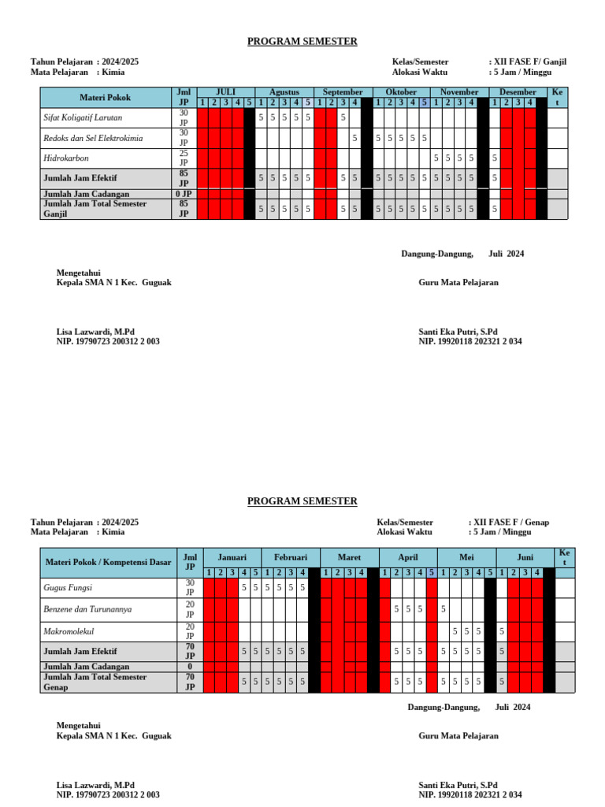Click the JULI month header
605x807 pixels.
225,92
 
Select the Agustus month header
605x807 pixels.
284,92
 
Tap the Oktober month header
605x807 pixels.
401,92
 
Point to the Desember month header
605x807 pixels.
518,92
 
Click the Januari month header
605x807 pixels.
232,556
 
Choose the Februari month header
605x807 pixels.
290,556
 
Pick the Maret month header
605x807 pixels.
349,556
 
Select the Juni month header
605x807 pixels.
525,556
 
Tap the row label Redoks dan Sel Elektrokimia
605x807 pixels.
93,138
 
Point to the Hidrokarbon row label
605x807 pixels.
66,158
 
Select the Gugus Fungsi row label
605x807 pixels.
69,588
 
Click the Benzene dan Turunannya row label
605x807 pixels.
87,609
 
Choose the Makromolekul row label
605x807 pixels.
70,631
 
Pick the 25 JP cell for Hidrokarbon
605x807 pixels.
184,158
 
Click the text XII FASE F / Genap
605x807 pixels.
509,523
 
